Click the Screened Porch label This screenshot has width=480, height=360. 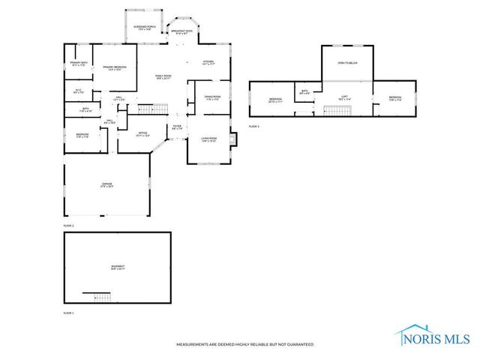pos(145,28)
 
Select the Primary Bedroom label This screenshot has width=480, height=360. pos(114,68)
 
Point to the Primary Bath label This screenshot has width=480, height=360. pos(79,64)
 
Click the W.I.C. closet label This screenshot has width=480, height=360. pos(77,91)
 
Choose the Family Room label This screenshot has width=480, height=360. pos(163,76)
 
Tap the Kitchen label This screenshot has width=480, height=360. pos(208,63)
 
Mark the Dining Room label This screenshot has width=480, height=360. pos(213,97)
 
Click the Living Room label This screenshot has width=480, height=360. pos(208,139)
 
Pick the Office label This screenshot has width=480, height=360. pos(142,134)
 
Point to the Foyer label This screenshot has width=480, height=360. pos(176,127)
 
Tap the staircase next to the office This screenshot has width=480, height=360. pos(150,111)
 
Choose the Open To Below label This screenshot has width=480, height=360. pos(346,63)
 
